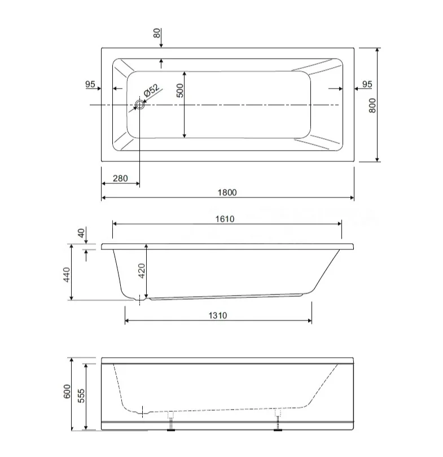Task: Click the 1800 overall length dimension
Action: tap(227, 192)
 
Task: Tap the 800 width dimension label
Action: tap(372, 105)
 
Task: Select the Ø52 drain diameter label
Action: tap(152, 90)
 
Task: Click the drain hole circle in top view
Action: tap(140, 104)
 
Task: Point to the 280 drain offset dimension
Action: tap(120, 178)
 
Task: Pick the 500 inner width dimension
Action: tap(180, 90)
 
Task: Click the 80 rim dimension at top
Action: tap(157, 33)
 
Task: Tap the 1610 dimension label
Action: tap(225, 219)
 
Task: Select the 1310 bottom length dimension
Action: tap(218, 315)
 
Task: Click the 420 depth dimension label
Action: tap(141, 271)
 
